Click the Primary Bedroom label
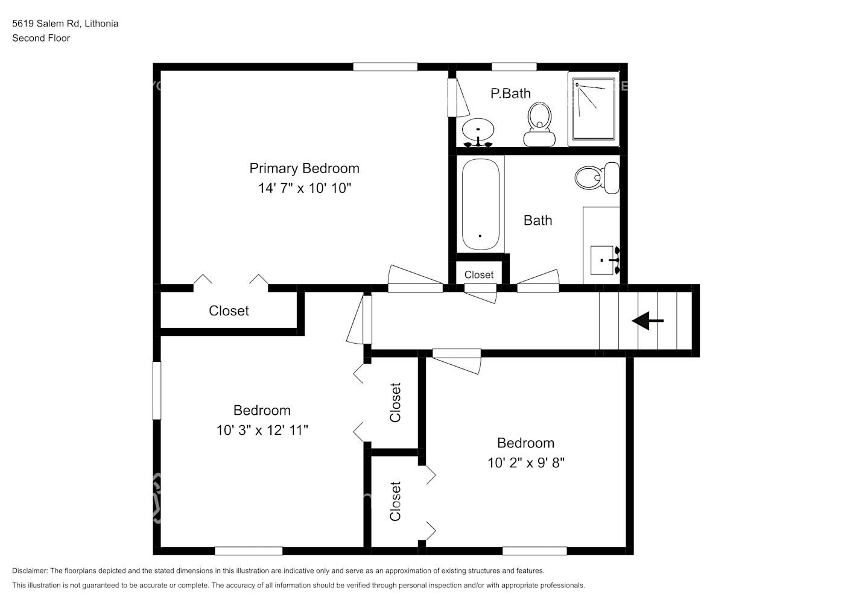pos(304,168)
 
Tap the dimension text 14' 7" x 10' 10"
pos(304,188)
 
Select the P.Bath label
pos(510,93)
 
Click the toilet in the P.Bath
pos(539,124)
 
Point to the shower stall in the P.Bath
pos(593,109)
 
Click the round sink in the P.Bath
pos(478,132)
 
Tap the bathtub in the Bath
pos(481,204)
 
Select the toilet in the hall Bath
pos(597,178)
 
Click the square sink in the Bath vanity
pos(601,260)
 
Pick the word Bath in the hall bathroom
pos(537,221)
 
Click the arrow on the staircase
pos(647,321)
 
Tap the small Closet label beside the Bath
pos(478,274)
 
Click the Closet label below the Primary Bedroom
pos(229,311)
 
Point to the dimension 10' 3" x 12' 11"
pos(262,430)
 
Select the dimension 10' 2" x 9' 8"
pos(526,463)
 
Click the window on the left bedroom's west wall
pos(156,390)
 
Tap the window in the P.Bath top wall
pos(514,67)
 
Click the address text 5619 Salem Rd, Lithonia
pos(65,24)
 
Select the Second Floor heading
pos(41,38)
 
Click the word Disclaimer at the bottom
pos(30,570)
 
